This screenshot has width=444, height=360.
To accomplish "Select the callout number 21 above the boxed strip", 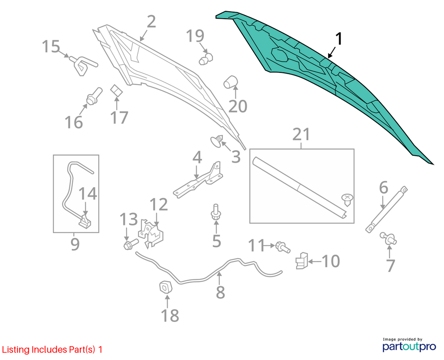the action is (301, 134).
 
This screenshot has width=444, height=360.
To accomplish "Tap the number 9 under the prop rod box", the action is (75, 244).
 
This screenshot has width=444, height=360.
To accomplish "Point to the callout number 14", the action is (88, 193).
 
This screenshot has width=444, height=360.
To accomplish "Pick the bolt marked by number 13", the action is (131, 244).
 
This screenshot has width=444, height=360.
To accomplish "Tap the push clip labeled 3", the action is (217, 141).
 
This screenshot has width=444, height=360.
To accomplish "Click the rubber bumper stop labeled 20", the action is (231, 82).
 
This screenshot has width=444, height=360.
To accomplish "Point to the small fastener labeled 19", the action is (206, 59).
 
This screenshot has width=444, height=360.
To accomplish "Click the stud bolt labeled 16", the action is (94, 96).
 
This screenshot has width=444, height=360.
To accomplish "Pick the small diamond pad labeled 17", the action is (116, 91).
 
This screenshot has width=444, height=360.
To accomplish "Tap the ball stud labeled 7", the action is (389, 239).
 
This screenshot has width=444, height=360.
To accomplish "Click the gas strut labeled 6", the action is (386, 209).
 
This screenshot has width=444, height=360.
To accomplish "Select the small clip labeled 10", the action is (302, 261).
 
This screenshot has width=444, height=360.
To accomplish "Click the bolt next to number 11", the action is (283, 247).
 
